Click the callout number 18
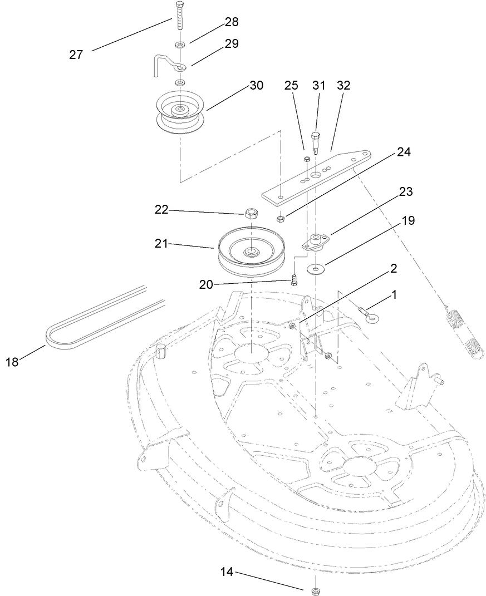click(x=12, y=362)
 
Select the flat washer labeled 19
click(x=317, y=270)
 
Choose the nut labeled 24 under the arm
click(x=281, y=218)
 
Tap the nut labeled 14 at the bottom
click(x=316, y=589)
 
